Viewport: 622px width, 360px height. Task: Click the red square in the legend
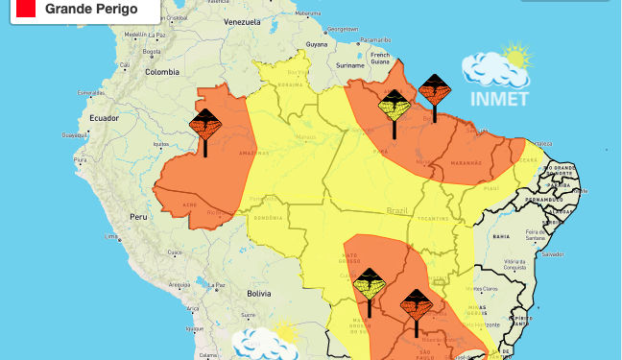(25, 9)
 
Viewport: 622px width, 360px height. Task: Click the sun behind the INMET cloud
(517, 57)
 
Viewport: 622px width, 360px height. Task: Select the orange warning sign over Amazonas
(204, 126)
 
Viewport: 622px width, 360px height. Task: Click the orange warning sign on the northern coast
(434, 93)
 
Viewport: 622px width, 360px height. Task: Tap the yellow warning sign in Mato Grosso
(369, 285)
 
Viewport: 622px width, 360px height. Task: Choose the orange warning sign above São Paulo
(416, 307)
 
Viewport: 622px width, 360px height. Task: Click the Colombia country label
(162, 71)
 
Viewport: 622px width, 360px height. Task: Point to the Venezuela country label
(241, 20)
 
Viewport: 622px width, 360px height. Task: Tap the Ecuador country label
(104, 117)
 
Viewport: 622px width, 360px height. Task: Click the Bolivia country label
(259, 292)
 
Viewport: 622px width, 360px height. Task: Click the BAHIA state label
(500, 235)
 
